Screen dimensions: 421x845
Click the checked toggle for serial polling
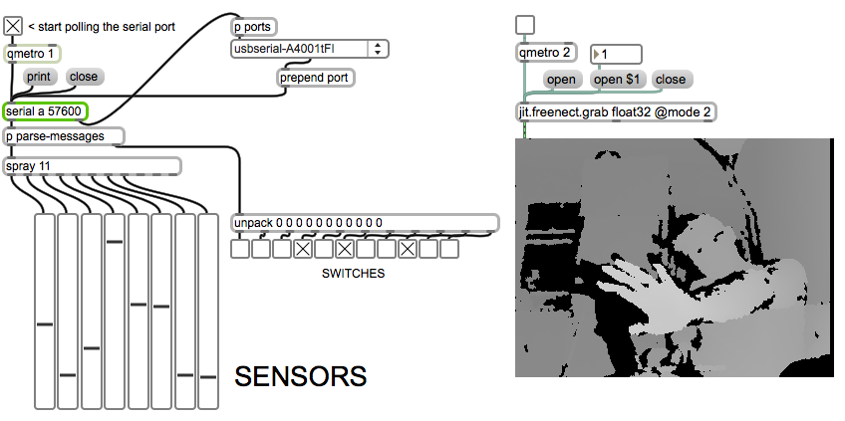coord(13,26)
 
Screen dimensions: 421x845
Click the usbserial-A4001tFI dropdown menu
coord(310,49)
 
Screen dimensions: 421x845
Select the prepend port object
coord(316,78)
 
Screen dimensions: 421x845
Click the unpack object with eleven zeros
coord(365,223)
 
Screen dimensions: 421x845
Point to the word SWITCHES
coord(353,273)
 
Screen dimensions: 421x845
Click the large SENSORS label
coord(300,376)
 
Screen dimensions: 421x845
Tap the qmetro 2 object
coord(547,53)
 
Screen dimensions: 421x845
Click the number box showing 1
coord(616,54)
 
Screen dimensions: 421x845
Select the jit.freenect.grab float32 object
coord(616,111)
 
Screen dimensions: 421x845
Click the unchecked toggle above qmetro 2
coord(525,25)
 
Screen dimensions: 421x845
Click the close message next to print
coord(84,77)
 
